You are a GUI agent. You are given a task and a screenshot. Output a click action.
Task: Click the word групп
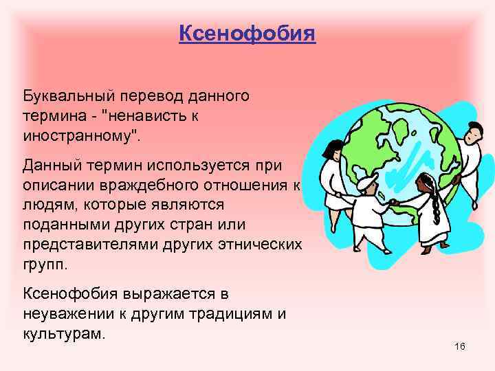(42, 264)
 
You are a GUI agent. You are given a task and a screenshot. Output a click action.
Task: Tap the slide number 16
(460, 346)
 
